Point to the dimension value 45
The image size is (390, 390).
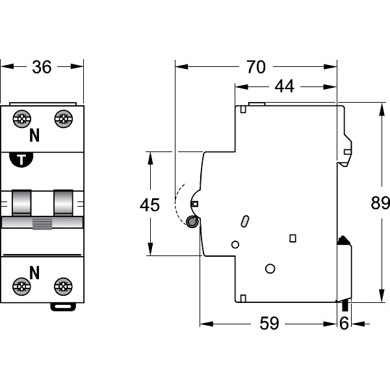click(x=150, y=205)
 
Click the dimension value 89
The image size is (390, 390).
click(x=379, y=203)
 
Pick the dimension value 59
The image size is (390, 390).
click(x=268, y=323)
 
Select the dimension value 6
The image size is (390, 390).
click(x=344, y=323)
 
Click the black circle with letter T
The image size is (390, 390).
click(x=22, y=160)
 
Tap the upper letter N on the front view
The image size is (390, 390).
click(x=34, y=136)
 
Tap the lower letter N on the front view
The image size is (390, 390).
click(x=34, y=272)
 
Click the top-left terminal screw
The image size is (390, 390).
click(x=21, y=118)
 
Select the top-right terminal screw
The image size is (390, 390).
click(x=63, y=118)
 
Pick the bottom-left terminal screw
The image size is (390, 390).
click(x=21, y=286)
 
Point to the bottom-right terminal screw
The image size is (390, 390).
click(x=63, y=286)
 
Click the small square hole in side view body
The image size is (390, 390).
click(x=292, y=238)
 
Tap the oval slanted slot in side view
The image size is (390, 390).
click(x=244, y=222)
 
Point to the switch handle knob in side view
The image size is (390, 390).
click(x=192, y=222)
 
